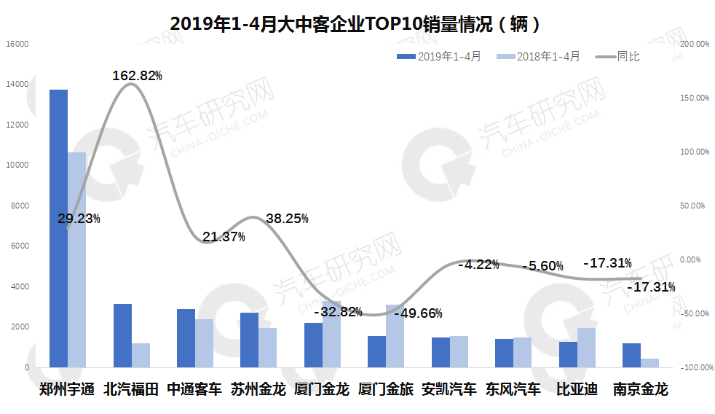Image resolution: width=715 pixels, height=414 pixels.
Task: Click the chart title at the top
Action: pyautogui.click(x=356, y=23)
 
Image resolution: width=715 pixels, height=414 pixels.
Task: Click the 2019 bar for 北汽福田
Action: pyautogui.click(x=122, y=335)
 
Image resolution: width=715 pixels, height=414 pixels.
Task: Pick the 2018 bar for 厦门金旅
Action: pyautogui.click(x=395, y=336)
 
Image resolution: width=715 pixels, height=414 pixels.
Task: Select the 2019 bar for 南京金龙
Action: pyautogui.click(x=631, y=355)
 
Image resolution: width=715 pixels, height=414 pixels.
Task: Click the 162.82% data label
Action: pyautogui.click(x=137, y=76)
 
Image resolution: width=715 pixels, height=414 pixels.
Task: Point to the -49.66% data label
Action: pyautogui.click(x=418, y=313)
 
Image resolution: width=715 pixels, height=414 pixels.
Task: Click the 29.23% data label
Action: pyautogui.click(x=79, y=219)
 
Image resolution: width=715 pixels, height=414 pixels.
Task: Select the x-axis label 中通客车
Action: pyautogui.click(x=194, y=389)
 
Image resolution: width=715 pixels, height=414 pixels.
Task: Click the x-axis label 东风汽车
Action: pyautogui.click(x=513, y=389)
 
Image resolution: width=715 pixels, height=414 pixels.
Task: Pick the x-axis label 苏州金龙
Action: pyautogui.click(x=258, y=389)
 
